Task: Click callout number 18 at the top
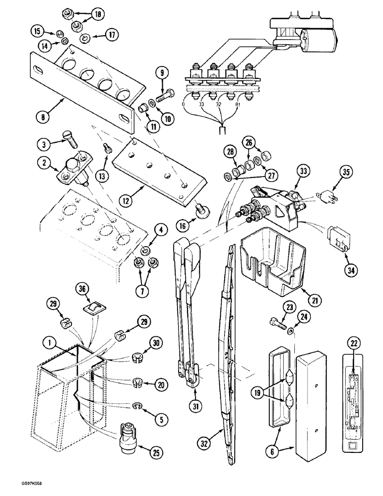coord(97,14)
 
